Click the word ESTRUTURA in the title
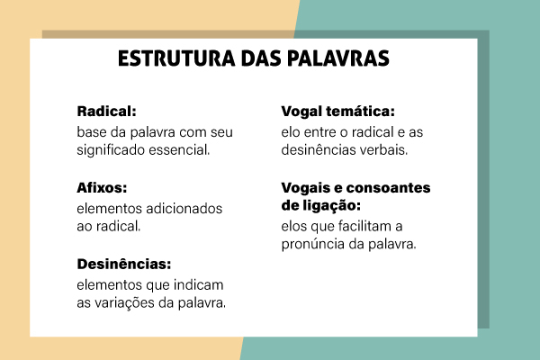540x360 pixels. click(169, 59)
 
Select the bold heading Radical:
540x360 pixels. click(106, 112)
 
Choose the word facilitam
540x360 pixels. click(366, 227)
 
